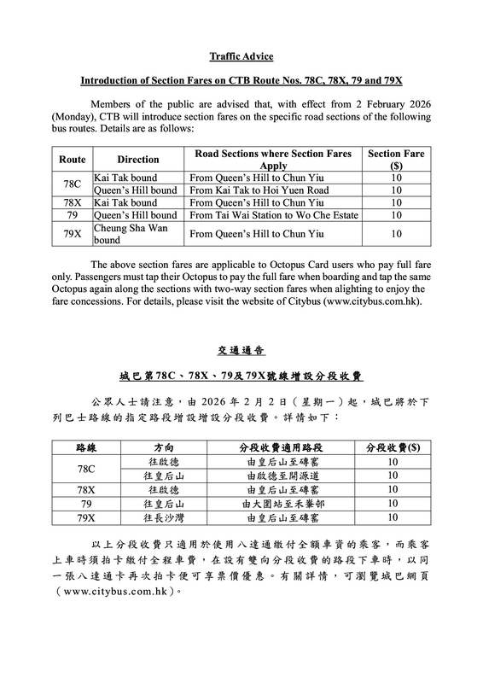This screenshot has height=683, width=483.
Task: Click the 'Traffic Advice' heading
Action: point(241,56)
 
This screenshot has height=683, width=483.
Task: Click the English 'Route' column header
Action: point(72,159)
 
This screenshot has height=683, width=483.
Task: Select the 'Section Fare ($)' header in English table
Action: point(395,159)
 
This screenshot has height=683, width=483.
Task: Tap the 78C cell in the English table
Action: point(72,184)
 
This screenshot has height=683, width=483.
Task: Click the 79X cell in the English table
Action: point(72,232)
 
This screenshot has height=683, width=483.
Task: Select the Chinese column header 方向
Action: point(166,447)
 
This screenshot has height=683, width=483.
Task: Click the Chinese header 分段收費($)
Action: point(393,447)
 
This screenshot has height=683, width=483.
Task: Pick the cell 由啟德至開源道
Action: point(282,475)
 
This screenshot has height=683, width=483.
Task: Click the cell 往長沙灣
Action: point(166,517)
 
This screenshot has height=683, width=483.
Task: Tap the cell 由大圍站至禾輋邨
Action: point(282,504)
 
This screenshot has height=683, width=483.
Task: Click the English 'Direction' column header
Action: point(138,159)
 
